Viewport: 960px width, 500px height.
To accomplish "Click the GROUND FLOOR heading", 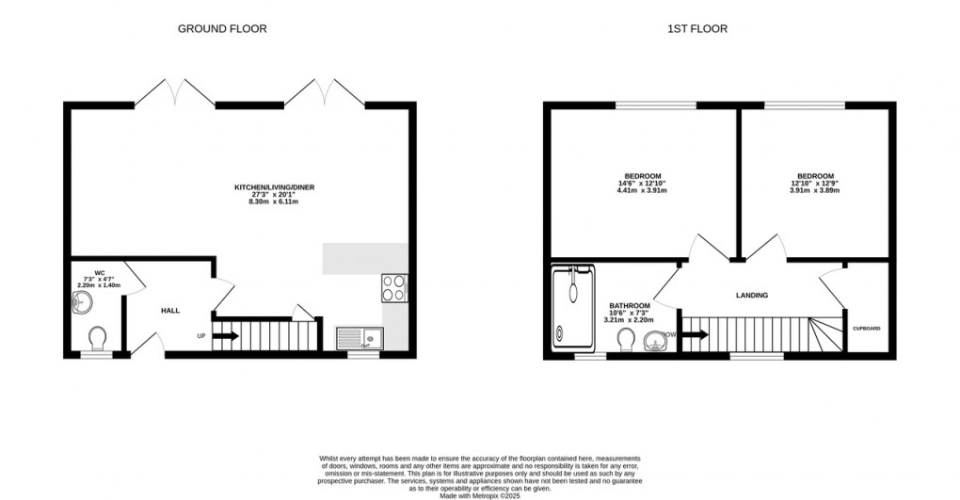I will [x=222, y=28].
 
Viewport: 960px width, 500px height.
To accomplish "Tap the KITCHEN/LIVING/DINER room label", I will [x=274, y=188].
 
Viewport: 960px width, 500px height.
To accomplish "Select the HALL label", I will [x=170, y=310].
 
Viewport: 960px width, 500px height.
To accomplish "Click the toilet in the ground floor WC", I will [x=97, y=337].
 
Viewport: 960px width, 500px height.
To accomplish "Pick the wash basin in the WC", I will [x=82, y=303].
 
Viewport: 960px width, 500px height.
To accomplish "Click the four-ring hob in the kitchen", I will [x=393, y=287].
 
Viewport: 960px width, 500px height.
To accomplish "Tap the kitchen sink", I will [x=358, y=336].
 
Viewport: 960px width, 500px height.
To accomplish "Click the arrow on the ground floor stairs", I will [x=226, y=335].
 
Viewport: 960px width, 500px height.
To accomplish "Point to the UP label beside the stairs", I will [x=201, y=336].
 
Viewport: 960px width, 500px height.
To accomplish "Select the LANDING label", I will [x=751, y=296].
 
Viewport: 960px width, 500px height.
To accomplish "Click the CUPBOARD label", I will [x=866, y=329].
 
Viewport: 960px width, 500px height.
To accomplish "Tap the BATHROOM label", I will [x=630, y=306].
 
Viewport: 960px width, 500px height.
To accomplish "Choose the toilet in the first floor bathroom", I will [x=626, y=339].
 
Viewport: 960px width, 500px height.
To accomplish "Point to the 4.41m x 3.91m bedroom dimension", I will [x=642, y=191].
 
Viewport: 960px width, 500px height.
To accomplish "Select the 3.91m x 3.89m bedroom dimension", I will [x=814, y=191].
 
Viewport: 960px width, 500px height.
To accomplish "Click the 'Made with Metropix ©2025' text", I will [x=480, y=495].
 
